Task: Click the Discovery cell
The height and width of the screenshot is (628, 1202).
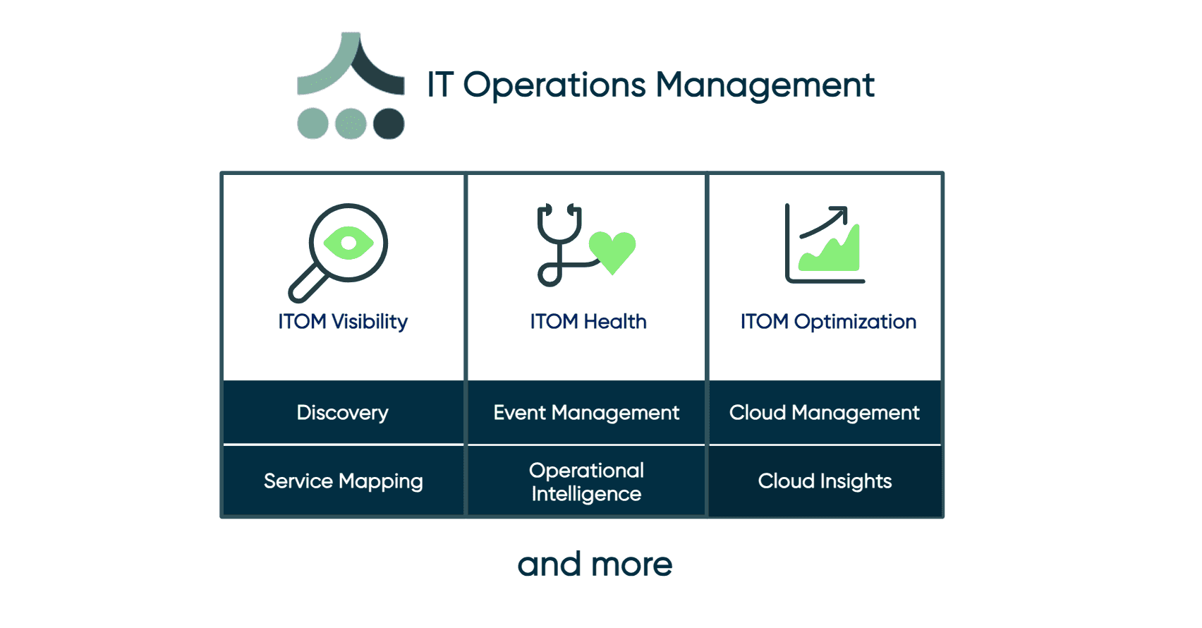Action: click(343, 413)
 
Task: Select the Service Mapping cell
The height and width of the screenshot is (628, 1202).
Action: click(343, 481)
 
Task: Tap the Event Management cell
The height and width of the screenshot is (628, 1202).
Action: click(586, 413)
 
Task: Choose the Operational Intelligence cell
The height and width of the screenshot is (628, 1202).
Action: click(586, 482)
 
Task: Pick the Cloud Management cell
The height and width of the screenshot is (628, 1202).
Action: click(825, 413)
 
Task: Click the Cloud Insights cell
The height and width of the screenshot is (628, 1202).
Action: click(825, 481)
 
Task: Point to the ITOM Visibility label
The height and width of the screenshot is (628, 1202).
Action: click(343, 322)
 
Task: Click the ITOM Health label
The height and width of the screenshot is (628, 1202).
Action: click(588, 322)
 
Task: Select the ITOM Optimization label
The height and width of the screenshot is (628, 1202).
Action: click(828, 322)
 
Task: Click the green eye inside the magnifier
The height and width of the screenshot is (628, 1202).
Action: click(348, 243)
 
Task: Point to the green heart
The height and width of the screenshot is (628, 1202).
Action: click(612, 251)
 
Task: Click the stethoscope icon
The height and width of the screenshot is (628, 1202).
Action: click(559, 243)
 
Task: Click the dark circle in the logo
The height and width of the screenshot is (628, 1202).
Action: click(389, 124)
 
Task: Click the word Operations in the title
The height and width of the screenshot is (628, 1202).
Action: click(554, 85)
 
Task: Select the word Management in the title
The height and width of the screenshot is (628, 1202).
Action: click(765, 85)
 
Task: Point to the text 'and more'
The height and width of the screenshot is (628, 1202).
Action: click(595, 564)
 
